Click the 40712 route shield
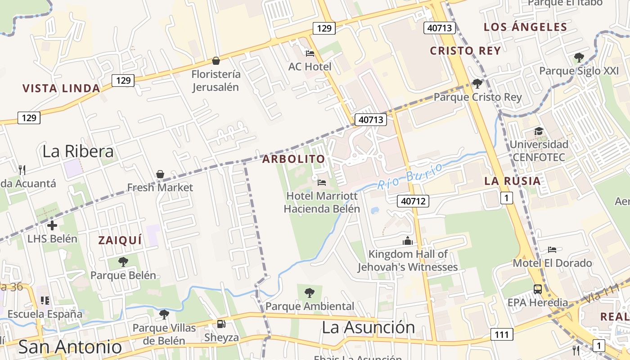(x=413, y=201)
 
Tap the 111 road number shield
(x=502, y=334)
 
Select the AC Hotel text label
(x=310, y=67)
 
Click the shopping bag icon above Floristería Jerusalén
(x=216, y=61)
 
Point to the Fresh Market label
(x=160, y=187)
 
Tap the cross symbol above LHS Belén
(x=52, y=225)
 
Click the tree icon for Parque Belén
(x=123, y=261)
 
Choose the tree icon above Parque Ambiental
(x=310, y=293)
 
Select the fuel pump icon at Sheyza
(x=221, y=324)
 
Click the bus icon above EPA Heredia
(x=538, y=289)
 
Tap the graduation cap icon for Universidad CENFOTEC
(x=539, y=131)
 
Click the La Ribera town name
(x=78, y=151)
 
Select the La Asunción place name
(x=368, y=327)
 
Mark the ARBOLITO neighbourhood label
(x=293, y=159)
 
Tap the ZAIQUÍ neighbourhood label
(x=120, y=240)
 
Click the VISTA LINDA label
(x=61, y=88)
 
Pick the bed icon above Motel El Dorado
(x=552, y=249)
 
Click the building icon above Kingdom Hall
(x=408, y=241)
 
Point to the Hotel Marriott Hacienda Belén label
(x=322, y=202)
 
